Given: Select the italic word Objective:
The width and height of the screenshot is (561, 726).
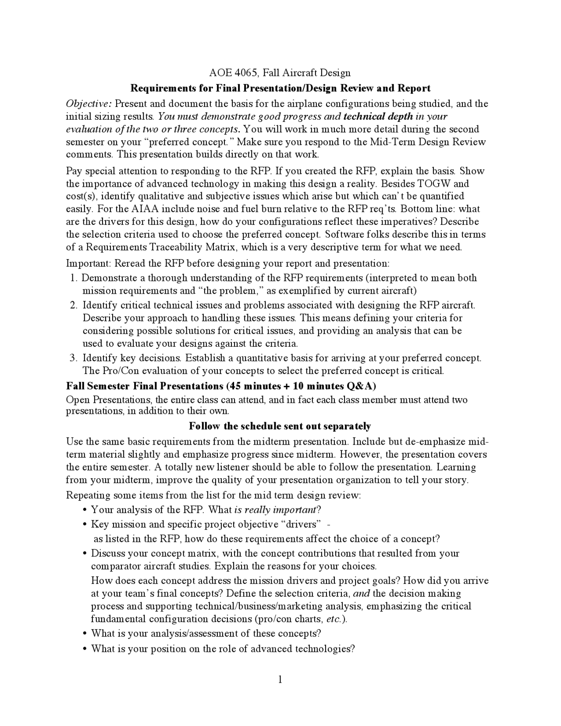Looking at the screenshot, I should (x=89, y=104).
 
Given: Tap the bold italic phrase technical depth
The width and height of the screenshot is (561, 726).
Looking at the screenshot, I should (x=378, y=117).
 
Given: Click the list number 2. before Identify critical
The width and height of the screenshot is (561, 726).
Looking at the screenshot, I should (x=74, y=305).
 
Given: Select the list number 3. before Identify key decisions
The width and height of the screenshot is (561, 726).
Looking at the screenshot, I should (x=74, y=358).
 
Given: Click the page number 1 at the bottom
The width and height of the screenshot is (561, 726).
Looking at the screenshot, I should (x=280, y=680).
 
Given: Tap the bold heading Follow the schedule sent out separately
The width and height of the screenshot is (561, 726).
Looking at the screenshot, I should (x=280, y=426).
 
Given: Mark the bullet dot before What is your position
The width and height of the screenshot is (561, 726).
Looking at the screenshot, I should (x=84, y=649).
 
